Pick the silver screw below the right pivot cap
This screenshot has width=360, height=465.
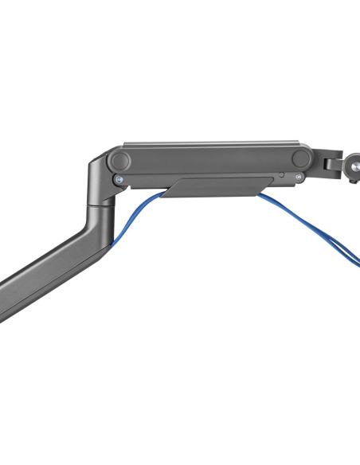click(298, 178)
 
